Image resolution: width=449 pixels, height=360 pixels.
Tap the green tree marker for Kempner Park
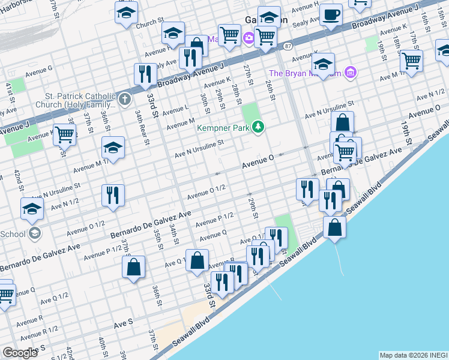(x=258, y=127)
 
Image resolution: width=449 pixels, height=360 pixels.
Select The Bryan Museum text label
(x=305, y=73)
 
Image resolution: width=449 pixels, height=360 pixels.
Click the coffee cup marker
(x=331, y=15)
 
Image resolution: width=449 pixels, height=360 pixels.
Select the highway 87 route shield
(x=289, y=46)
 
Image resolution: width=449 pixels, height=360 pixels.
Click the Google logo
(x=20, y=352)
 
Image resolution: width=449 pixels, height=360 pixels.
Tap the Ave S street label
(x=124, y=323)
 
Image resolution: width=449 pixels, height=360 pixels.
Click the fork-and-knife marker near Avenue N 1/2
(x=113, y=195)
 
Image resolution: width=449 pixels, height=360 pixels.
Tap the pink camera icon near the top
(x=249, y=39)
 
